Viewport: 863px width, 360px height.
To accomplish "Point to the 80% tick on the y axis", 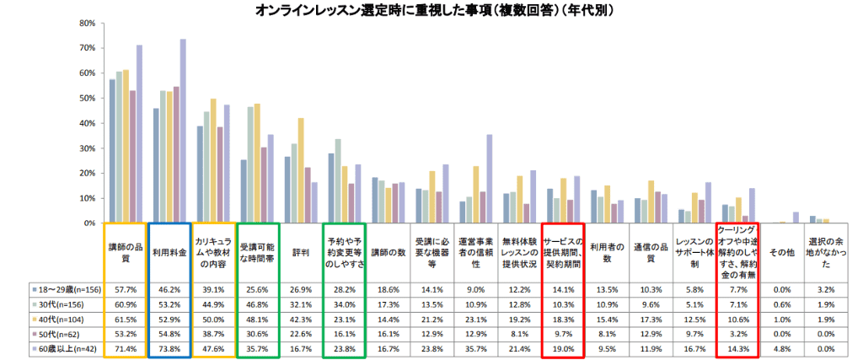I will point(86,24).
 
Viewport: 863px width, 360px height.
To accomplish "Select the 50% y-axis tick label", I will point(86,99).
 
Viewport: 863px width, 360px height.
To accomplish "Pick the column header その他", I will point(779,250).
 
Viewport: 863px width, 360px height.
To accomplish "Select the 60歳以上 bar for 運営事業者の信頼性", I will point(489,179).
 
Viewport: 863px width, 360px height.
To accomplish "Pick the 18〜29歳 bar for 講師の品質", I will point(112,151).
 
